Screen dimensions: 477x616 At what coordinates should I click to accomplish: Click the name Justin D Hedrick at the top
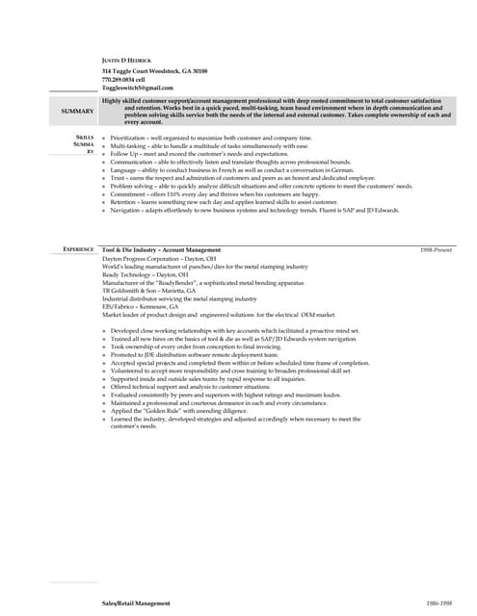click(126, 61)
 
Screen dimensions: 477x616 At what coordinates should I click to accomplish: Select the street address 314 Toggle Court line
click(154, 71)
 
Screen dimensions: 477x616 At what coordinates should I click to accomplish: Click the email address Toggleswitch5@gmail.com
click(138, 88)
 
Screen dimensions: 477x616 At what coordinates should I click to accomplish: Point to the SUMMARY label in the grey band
click(77, 112)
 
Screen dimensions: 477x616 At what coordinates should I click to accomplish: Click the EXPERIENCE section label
click(78, 249)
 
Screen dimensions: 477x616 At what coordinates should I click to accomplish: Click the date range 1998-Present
click(437, 249)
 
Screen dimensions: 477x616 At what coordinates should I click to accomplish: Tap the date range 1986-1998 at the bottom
click(438, 603)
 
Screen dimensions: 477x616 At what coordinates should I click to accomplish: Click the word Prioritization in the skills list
click(130, 139)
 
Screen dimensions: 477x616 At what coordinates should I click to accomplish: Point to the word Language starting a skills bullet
click(126, 170)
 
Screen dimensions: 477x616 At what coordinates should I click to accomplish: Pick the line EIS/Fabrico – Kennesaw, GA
click(141, 306)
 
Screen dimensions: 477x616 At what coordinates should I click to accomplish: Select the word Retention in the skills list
click(126, 202)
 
